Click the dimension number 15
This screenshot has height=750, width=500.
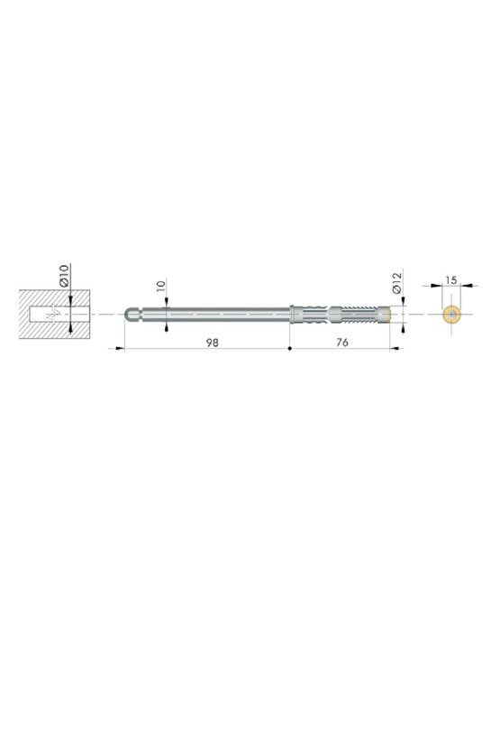coord(451,280)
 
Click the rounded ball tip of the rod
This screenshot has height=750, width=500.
coord(129,314)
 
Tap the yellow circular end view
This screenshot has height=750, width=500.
coord(451,314)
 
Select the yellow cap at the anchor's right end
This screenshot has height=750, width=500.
coord(385,314)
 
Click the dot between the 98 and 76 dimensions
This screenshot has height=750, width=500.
coord(289,349)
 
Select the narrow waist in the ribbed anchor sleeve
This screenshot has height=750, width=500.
coord(330,314)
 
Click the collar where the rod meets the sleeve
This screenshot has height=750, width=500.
coord(293,314)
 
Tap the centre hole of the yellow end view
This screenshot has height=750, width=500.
coord(451,314)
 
